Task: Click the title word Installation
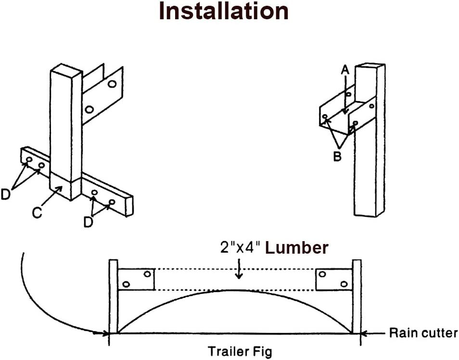[224, 12]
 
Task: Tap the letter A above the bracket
[344, 70]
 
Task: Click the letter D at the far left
[5, 194]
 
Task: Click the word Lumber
[297, 248]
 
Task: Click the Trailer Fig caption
[239, 351]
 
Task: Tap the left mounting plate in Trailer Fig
[136, 280]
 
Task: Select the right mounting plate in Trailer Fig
[333, 280]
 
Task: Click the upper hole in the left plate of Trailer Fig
[147, 274]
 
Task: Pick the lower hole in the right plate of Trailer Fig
[344, 284]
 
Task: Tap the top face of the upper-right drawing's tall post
[370, 65]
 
